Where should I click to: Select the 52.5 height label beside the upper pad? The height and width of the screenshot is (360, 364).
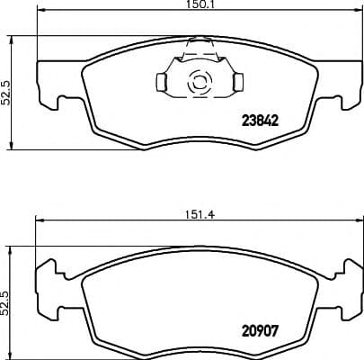pos(6,91)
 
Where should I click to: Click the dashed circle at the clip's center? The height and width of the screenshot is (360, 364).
pos(196,83)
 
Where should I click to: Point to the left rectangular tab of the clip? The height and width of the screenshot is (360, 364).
pos(161,83)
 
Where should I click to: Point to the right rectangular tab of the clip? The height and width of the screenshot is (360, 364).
pos(238,83)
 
